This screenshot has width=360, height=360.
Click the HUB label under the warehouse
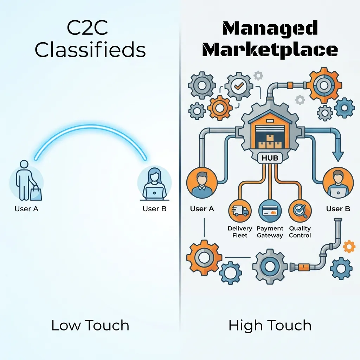click(x=270, y=158)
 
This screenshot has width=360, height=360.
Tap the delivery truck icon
click(x=240, y=211)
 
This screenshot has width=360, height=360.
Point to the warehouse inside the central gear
click(x=270, y=132)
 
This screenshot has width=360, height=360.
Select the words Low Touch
click(x=90, y=325)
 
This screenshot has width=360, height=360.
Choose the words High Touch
click(x=270, y=325)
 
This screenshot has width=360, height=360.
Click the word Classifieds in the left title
click(x=90, y=50)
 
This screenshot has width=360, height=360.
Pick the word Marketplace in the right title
click(x=270, y=50)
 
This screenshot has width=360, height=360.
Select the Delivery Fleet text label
click(x=240, y=232)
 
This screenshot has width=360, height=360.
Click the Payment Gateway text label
click(x=270, y=232)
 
